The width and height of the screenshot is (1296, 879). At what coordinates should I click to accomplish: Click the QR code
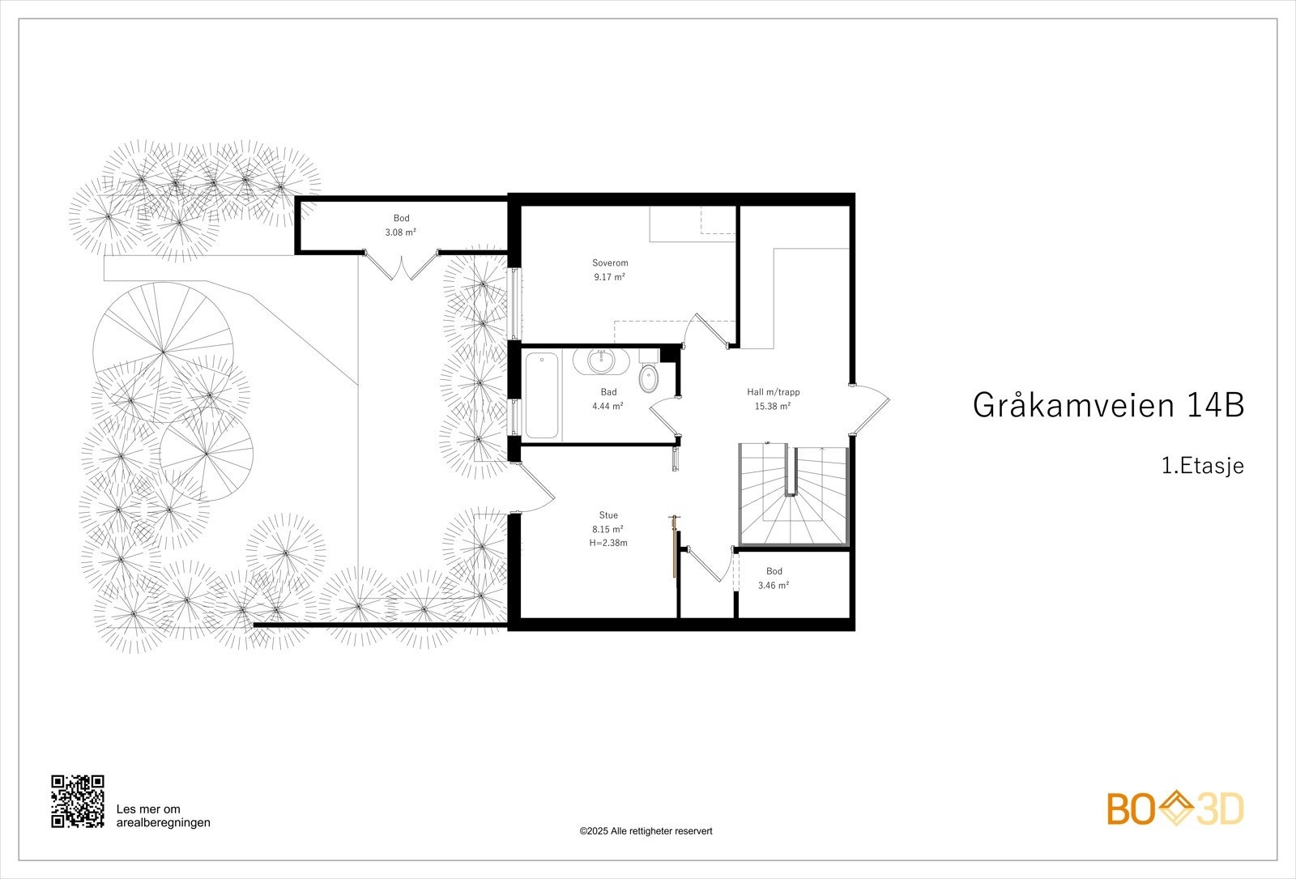click(x=78, y=801)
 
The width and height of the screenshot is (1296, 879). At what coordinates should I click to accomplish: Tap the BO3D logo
click(x=1174, y=809)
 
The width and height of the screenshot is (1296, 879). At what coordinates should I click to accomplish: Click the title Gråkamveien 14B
click(x=1107, y=405)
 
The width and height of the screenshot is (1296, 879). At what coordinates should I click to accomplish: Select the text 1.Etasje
click(x=1202, y=467)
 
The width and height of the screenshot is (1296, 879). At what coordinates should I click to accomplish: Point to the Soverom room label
click(x=610, y=263)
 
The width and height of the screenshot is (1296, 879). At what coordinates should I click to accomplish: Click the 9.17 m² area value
click(x=610, y=277)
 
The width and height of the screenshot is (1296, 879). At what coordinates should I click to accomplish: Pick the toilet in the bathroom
click(x=649, y=378)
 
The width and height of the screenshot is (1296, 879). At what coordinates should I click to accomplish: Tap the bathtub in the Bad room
click(x=542, y=395)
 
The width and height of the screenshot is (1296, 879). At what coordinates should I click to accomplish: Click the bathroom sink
click(x=601, y=361)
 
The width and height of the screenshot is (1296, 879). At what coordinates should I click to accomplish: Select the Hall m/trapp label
click(x=773, y=392)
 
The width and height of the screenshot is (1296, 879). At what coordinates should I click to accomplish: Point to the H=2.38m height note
click(x=608, y=543)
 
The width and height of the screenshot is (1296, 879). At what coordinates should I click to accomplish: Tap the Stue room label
click(x=608, y=515)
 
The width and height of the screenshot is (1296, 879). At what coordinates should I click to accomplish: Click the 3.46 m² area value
click(x=774, y=585)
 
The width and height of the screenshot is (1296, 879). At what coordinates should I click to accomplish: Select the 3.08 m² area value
click(x=401, y=233)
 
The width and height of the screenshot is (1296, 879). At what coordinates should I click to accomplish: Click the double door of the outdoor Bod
click(x=402, y=266)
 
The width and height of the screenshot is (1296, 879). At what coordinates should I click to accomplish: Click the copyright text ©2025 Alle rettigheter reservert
click(x=646, y=831)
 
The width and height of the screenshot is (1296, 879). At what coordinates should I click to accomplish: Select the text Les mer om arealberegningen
click(x=163, y=816)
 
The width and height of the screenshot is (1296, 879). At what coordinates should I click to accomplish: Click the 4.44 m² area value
click(x=608, y=406)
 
